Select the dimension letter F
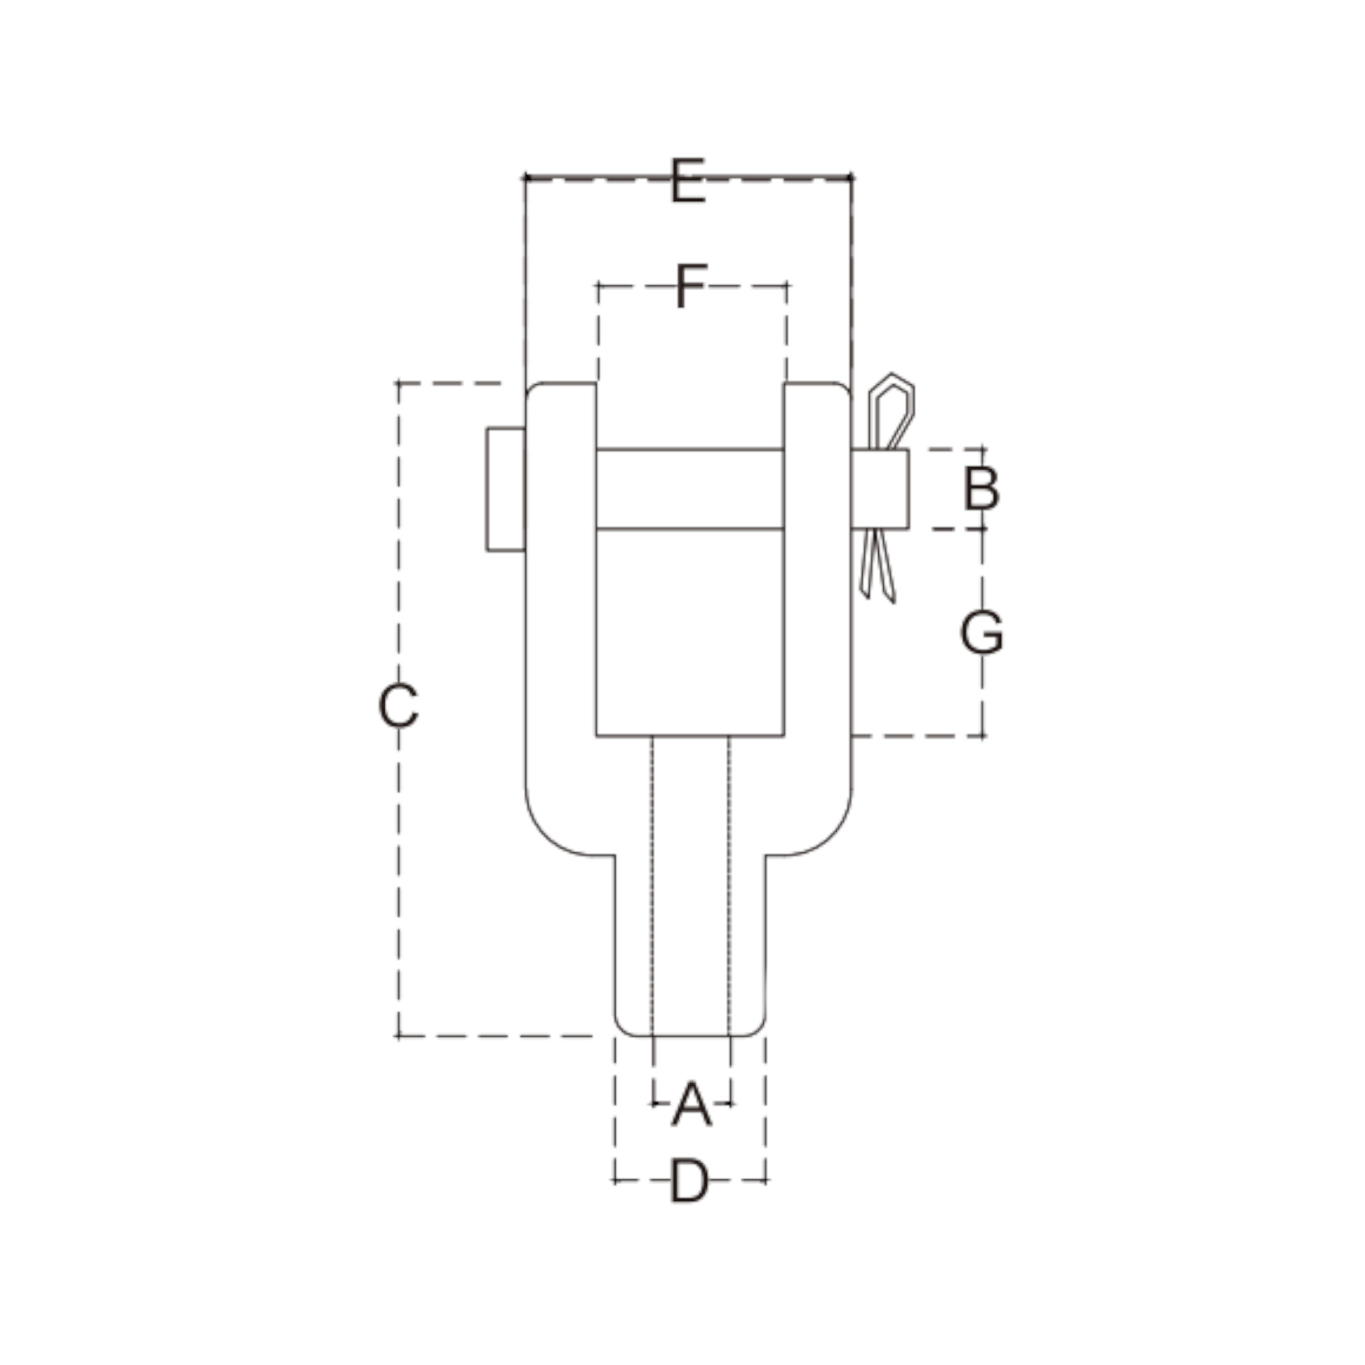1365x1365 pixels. [x=690, y=286]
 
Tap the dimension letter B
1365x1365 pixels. [x=981, y=489]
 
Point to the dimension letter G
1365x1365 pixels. [x=981, y=633]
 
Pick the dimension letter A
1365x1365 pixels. [x=691, y=1104]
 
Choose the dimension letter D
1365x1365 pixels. [x=689, y=1181]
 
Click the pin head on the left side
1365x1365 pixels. [x=505, y=489]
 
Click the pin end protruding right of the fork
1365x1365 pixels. [x=880, y=489]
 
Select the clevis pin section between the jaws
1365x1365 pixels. [x=689, y=489]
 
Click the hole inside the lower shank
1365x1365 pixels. [x=691, y=883]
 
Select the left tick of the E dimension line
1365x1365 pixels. [x=525, y=177]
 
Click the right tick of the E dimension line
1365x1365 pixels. [x=851, y=177]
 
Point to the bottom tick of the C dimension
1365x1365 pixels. [x=399, y=1037]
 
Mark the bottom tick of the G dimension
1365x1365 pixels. [x=983, y=736]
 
